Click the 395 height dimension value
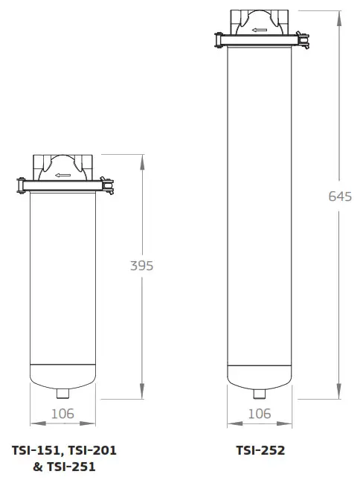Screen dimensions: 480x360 tap(141, 266)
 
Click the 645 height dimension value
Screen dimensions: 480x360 tap(340, 196)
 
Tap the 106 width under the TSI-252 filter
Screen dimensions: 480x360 tap(260, 414)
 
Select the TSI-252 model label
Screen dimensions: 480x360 tap(260, 450)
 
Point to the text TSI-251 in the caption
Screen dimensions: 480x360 tap(71, 467)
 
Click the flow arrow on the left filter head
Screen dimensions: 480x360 tap(62, 176)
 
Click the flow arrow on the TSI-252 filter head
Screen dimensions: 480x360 tap(260, 31)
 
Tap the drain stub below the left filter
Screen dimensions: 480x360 tap(62, 392)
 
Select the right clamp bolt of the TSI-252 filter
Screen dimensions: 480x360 tap(305, 37)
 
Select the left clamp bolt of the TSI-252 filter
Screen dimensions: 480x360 tap(216, 37)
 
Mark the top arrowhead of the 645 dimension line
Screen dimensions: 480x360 tap(340, 13)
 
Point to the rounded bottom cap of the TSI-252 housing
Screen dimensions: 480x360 tap(260, 376)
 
